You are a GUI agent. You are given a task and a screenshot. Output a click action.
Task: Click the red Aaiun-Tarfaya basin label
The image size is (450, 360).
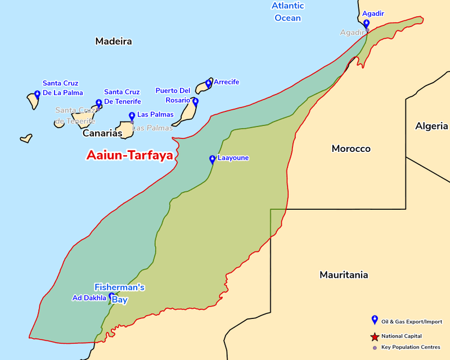(129, 156)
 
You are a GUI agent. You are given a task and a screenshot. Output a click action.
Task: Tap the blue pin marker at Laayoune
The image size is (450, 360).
(212, 159)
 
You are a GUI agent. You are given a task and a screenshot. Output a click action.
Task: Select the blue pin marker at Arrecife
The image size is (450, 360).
(208, 83)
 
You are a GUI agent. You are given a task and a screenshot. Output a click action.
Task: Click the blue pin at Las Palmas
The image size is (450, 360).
(132, 116)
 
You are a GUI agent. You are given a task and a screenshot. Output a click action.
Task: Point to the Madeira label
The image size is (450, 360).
(114, 41)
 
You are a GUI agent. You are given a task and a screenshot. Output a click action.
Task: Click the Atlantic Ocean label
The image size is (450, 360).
(287, 12)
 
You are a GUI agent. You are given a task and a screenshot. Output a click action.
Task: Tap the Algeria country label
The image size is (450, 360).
(431, 126)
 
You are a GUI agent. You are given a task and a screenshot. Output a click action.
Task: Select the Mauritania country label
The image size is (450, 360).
(344, 275)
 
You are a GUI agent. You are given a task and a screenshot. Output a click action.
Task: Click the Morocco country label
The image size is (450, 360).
(351, 149)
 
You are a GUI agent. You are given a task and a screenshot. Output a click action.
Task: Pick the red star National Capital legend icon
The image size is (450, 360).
(375, 336)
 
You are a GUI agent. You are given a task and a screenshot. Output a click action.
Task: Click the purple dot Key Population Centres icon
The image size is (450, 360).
(375, 347)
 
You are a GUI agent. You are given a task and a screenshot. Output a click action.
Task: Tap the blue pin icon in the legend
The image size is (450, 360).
(375, 320)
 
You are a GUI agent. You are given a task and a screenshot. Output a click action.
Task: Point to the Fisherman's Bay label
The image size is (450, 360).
(119, 293)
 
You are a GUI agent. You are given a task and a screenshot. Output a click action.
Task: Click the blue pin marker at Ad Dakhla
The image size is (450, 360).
(111, 296)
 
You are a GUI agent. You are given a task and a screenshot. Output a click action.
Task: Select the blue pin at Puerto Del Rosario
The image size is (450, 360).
(195, 102)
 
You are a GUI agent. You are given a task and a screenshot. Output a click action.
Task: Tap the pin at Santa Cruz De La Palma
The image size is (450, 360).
(37, 94)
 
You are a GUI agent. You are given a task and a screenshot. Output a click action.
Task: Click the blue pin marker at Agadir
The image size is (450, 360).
(366, 24)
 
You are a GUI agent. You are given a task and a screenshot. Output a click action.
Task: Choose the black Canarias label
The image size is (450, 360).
(102, 134)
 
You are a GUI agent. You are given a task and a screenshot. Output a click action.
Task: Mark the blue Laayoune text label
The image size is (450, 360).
(233, 158)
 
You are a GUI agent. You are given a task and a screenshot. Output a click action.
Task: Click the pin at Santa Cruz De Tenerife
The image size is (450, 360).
(99, 103)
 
